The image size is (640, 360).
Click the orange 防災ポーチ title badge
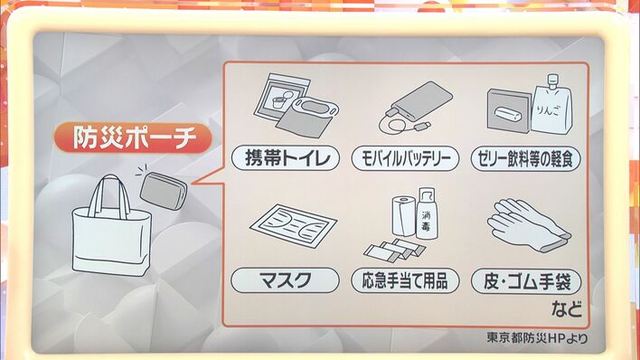[133, 137]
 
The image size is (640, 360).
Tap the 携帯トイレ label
[286, 158]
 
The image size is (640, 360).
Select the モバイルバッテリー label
[405, 158]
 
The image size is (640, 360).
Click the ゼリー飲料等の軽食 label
[526, 158]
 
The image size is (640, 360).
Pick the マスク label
[285, 280]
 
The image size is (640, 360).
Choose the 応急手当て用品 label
[405, 280]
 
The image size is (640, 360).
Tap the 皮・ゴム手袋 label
[526, 281]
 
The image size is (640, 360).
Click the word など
[566, 308]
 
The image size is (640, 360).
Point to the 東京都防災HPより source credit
[537, 338]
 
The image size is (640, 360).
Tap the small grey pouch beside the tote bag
[164, 191]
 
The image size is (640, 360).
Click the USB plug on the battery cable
[422, 126]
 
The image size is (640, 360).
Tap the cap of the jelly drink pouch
[552, 81]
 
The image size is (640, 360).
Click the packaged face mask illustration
[293, 226]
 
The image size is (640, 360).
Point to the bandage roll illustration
[404, 216]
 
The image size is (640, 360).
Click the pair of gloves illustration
[528, 226]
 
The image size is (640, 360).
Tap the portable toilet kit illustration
[296, 106]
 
